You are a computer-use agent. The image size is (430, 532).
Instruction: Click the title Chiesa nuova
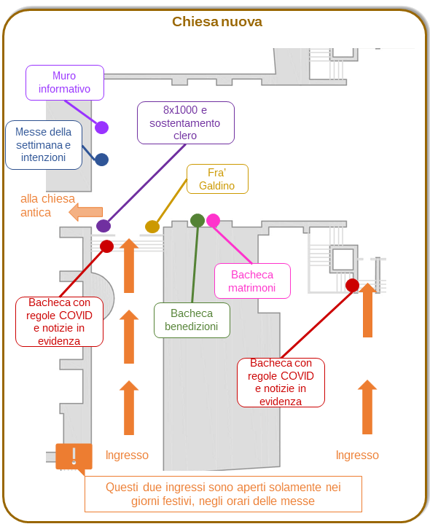217,22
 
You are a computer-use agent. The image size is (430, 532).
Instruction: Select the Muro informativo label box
65,83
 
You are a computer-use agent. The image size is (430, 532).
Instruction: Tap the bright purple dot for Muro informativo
101,128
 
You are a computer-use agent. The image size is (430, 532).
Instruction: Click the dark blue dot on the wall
101,160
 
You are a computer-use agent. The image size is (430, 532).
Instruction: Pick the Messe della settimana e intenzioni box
44,145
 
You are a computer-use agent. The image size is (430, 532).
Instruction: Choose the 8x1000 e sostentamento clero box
186,123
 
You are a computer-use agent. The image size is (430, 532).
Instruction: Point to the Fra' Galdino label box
217,179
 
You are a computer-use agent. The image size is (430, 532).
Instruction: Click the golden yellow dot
152,227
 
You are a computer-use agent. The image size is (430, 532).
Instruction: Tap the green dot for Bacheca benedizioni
198,221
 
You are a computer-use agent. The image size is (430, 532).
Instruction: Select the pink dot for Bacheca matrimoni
213,221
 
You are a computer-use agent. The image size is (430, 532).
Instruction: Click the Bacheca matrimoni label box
252,281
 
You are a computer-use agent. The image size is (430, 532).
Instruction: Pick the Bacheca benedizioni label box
192,320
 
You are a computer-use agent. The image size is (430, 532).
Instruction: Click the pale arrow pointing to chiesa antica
85,212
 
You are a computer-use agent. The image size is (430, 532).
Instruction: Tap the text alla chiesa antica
47,206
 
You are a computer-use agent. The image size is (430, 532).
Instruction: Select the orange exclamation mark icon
74,456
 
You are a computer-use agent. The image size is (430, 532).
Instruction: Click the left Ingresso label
127,455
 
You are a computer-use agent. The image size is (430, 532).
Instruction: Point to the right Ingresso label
357,455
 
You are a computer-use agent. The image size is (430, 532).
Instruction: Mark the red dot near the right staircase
352,286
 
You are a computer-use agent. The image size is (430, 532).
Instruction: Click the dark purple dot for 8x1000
103,226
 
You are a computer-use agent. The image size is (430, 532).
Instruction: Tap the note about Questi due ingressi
223,494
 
